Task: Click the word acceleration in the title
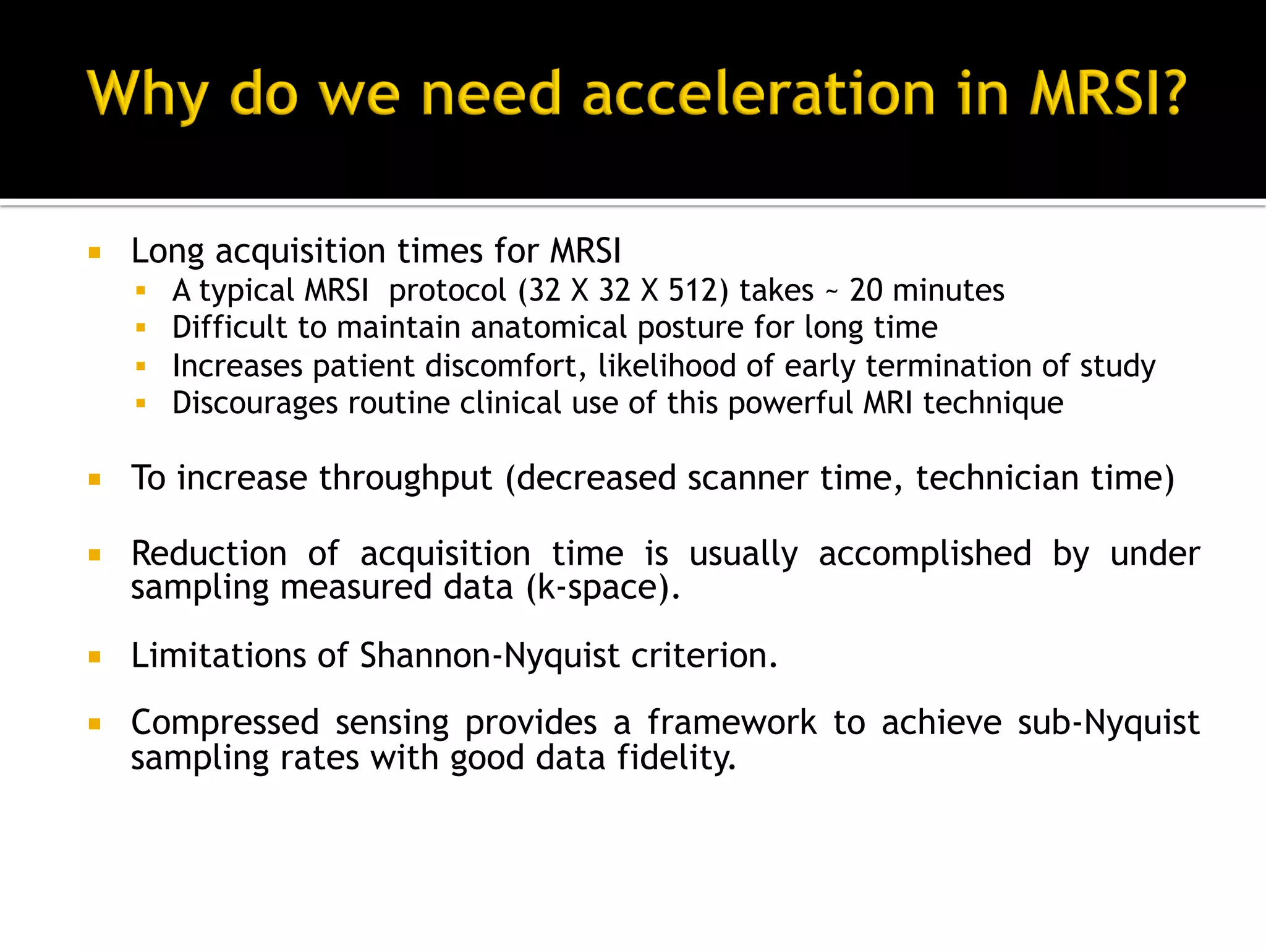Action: (758, 94)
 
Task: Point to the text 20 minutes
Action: (927, 290)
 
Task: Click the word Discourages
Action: (255, 403)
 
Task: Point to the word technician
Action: (997, 478)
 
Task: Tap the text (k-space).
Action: (603, 587)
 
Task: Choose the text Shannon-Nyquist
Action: (489, 656)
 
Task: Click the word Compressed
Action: (225, 722)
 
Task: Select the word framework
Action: (732, 722)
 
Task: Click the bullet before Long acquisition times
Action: (95, 252)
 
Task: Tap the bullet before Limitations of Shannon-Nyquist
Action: (95, 657)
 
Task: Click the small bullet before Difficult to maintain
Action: (141, 328)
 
